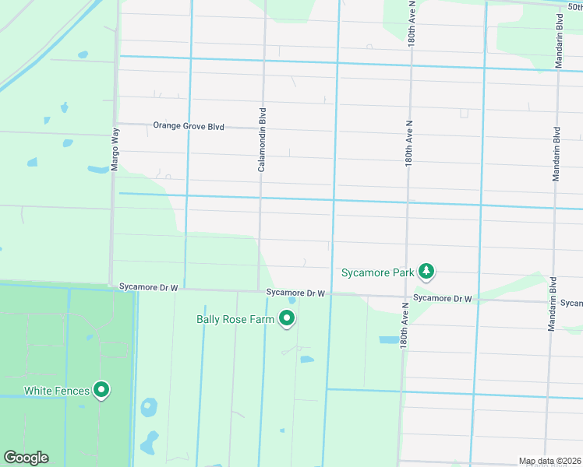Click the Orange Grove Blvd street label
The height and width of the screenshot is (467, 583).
(189, 125)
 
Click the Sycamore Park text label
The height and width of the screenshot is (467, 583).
(378, 272)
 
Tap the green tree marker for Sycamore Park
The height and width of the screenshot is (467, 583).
(426, 272)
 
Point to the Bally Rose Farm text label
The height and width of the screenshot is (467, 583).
(235, 318)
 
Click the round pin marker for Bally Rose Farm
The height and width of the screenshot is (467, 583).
(287, 318)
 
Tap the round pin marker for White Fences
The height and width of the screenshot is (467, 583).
(101, 390)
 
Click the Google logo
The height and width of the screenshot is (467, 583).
(26, 458)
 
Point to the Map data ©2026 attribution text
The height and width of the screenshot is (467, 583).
(549, 462)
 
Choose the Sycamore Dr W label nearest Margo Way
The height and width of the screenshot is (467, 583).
(149, 287)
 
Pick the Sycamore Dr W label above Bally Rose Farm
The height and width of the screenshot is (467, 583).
(295, 293)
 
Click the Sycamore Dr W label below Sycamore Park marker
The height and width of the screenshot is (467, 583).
(443, 298)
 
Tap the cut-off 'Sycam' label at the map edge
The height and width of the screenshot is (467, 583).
(571, 303)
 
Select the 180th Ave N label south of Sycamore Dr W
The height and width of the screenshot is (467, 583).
(404, 326)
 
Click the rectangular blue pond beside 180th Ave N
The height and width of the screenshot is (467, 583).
(387, 340)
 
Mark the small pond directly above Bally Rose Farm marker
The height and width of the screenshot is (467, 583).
(291, 300)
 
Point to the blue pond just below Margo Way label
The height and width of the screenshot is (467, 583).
(98, 169)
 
